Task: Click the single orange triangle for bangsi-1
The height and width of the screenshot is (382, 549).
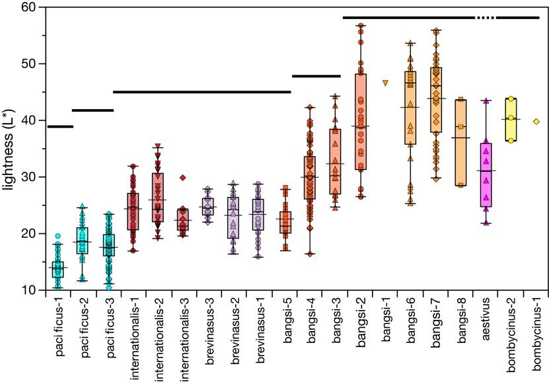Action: [386, 83]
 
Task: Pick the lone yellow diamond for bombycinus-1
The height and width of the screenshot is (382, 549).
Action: [536, 122]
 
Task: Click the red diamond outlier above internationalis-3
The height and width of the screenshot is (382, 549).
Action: [184, 177]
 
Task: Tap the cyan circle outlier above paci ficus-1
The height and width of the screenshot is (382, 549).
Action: [58, 236]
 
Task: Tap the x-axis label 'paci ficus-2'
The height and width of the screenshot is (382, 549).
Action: [84, 329]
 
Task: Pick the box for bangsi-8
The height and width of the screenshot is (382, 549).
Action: [460, 143]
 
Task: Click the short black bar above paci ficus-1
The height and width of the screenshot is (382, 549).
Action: [60, 126]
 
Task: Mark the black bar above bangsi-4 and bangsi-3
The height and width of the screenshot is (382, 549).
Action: [316, 76]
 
